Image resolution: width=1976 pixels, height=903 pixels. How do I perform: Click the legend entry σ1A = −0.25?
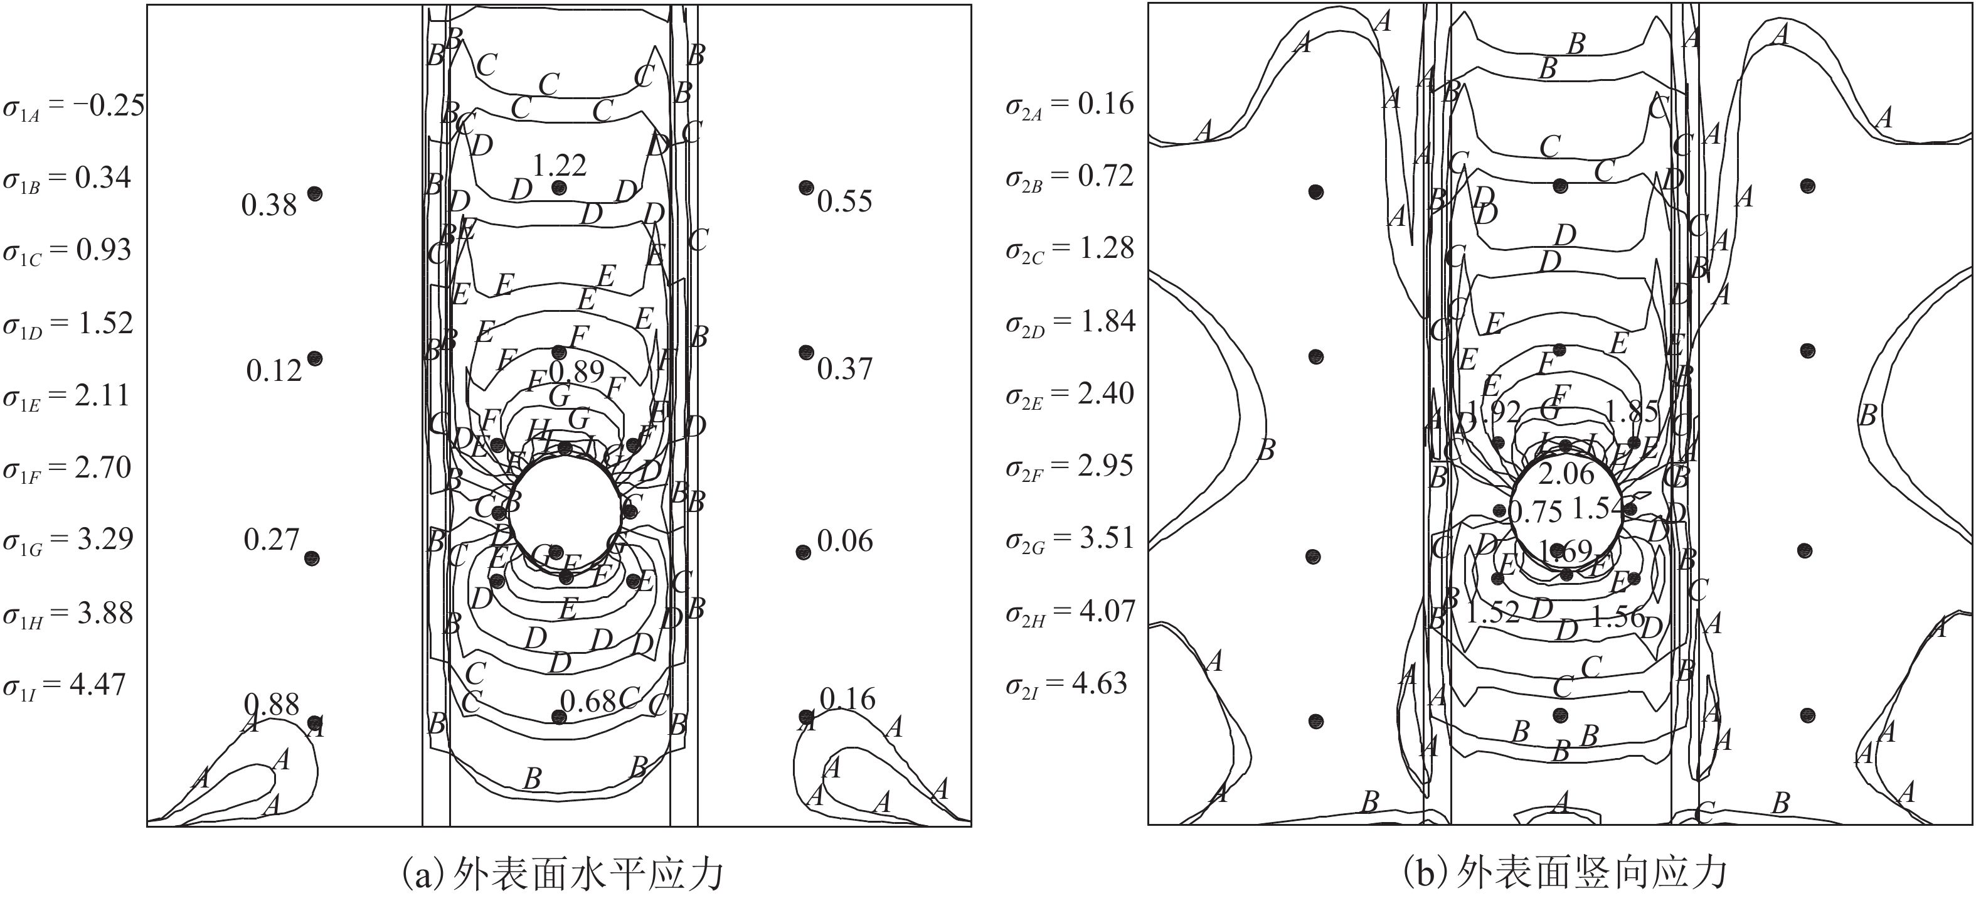pos(73,107)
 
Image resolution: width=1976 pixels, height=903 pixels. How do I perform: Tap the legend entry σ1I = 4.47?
pos(63,685)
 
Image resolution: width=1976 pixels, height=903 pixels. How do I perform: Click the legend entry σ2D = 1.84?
pos(1070,322)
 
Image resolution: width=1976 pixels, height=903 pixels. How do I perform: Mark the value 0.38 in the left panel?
pos(268,206)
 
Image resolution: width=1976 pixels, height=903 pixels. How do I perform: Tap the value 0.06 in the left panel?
pos(844,542)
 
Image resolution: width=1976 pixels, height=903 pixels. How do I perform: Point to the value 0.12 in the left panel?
pos(274,371)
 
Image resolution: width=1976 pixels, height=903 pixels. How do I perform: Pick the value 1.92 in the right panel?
pos(1493,413)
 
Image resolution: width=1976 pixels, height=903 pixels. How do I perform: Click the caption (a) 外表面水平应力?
pos(563,873)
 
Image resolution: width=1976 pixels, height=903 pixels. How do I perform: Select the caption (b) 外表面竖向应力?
pos(1565,873)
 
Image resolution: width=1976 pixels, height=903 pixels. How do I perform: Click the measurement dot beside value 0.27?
pos(311,558)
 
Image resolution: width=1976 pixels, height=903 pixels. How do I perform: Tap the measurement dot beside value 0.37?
pos(805,352)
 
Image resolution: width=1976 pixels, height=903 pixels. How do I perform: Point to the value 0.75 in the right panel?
pos(1535,511)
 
